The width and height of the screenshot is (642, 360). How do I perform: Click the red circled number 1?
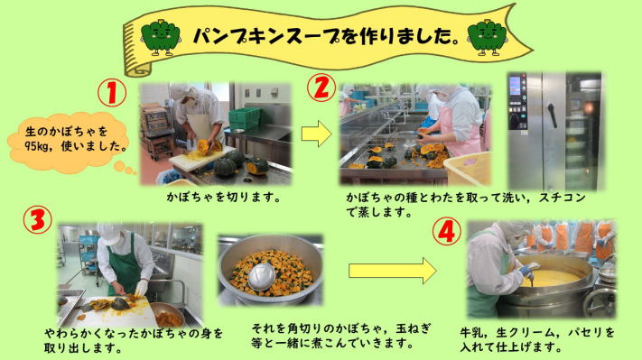pos(112,93)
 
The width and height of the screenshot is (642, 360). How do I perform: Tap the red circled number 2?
pos(321,88)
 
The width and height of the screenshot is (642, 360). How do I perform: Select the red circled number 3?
pos(38,219)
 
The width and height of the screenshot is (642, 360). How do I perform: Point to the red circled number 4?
pos(447,232)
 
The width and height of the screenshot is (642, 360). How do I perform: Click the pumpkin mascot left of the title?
pos(161,38)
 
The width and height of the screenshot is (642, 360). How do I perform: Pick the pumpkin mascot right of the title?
pos(488,38)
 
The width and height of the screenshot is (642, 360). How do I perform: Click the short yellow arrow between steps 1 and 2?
pos(317,134)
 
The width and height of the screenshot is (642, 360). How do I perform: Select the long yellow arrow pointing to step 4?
pos(393,271)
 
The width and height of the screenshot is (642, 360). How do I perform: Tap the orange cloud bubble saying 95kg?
pos(70,141)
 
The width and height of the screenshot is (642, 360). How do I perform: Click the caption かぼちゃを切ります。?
pos(224,198)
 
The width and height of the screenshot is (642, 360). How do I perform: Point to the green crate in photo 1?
pos(244,118)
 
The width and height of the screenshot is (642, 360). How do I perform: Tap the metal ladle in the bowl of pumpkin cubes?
pos(261,277)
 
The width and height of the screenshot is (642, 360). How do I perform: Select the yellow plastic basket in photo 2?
pos(467,168)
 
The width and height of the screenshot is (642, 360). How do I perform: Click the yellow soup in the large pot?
pos(546,278)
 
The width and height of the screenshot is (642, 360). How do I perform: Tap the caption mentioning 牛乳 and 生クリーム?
pos(537,339)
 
